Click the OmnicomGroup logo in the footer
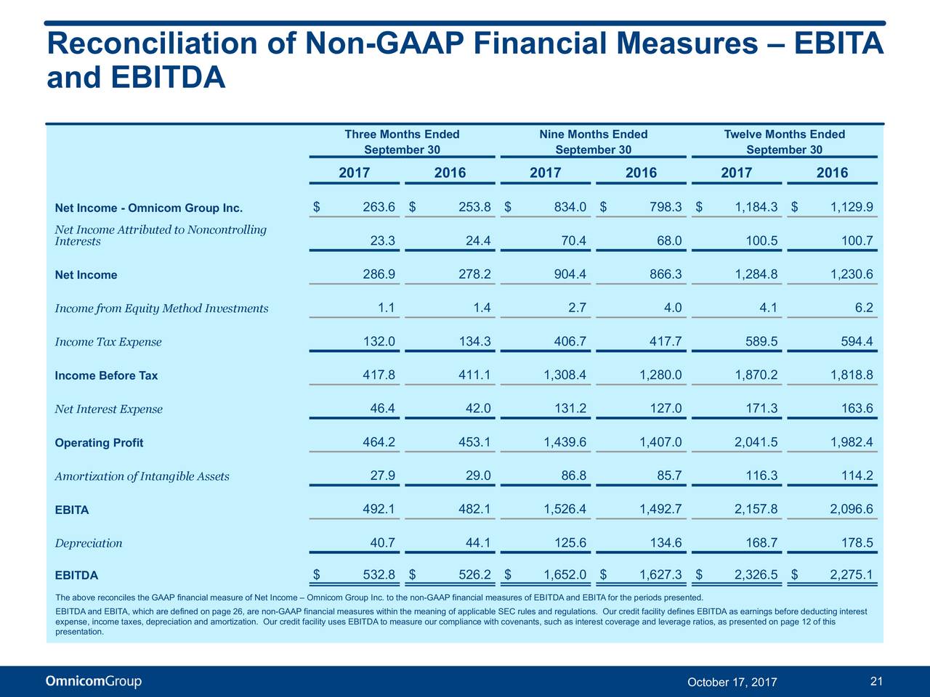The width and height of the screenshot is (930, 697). tap(94, 681)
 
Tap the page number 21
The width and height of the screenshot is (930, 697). tap(876, 681)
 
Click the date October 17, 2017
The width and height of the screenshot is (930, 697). tap(732, 682)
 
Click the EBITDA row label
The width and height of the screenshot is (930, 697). tap(76, 575)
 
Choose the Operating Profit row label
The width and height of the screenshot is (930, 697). tap(99, 443)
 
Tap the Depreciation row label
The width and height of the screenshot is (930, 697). tap(89, 543)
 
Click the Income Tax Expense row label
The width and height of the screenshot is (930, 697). tap(108, 341)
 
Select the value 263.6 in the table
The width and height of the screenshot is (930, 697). tap(379, 207)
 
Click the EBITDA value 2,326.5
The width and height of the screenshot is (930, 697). tap(756, 575)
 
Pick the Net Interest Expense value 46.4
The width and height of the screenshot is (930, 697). tap(382, 408)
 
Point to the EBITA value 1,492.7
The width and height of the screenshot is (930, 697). tap(660, 509)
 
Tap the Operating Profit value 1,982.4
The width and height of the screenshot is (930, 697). tap(852, 442)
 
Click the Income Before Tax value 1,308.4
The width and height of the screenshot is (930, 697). tap(565, 375)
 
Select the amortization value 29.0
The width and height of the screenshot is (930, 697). tap(478, 476)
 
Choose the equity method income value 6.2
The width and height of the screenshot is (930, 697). tap(864, 308)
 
